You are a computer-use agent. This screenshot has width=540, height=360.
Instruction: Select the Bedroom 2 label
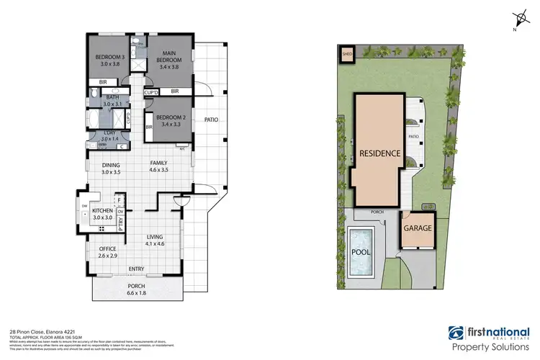click(171, 122)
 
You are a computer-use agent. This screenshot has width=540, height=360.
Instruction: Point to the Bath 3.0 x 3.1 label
click(112, 101)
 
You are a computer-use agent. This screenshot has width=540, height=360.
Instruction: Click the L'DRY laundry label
click(112, 135)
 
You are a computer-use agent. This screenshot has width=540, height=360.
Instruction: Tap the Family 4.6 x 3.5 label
click(159, 167)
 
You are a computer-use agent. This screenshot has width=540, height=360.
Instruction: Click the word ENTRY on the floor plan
click(136, 270)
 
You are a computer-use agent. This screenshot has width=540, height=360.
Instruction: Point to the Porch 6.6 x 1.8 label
click(136, 289)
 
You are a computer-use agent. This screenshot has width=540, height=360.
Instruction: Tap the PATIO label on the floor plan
click(210, 120)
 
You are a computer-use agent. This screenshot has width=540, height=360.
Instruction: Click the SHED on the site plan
click(346, 53)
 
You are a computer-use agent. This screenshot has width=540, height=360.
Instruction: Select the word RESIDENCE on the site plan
click(375, 153)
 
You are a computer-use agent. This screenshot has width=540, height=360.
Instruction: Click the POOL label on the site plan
click(360, 253)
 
